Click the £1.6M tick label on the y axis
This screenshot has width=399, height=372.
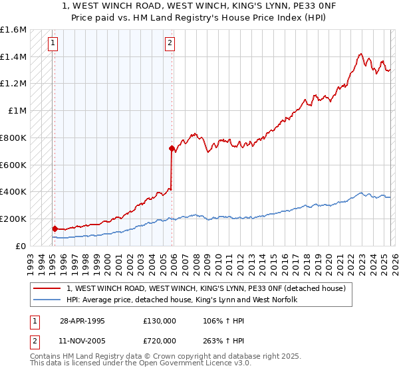pos(13,30)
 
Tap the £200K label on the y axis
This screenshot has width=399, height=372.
pos(13,219)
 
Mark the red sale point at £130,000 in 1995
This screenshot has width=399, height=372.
pos(55,228)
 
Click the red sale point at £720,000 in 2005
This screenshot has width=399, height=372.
pos(172,148)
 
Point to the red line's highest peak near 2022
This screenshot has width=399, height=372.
pos(360,54)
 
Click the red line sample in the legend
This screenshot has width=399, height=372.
pos(47,289)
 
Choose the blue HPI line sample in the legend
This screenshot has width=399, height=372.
pos(47,300)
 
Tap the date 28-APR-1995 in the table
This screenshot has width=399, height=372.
pos(82,320)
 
